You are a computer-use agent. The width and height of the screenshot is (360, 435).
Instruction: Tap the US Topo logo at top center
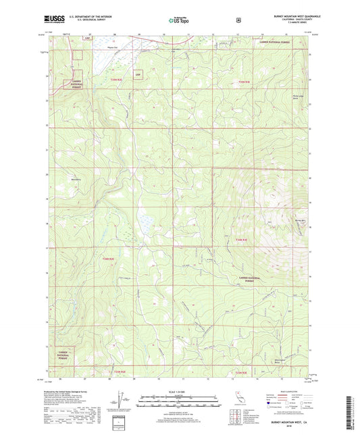pyautogui.click(x=178, y=21)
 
